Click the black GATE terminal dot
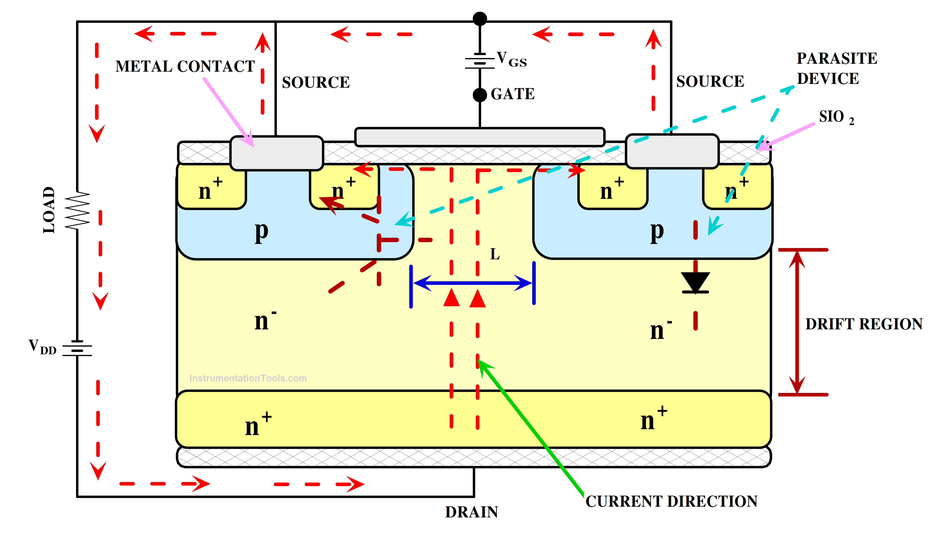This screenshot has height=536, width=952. pyautogui.click(x=480, y=95)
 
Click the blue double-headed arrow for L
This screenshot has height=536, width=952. pyautogui.click(x=472, y=283)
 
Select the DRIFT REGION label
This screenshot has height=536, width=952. pyautogui.click(x=864, y=324)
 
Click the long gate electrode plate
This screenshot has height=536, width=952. pyautogui.click(x=480, y=137)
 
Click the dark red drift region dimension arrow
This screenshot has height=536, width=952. pyautogui.click(x=797, y=322)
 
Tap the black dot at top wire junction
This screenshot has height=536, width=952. pyautogui.click(x=480, y=18)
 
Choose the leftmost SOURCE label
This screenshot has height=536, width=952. pyautogui.click(x=316, y=82)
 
